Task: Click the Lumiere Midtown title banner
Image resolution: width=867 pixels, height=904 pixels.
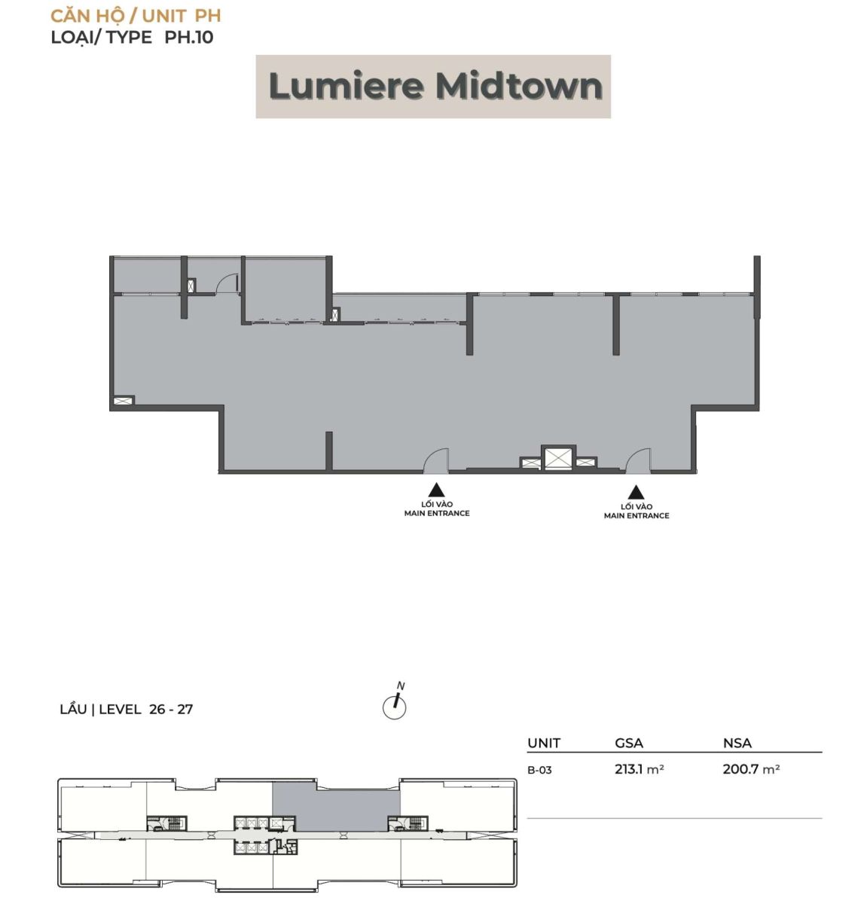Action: pyautogui.click(x=432, y=87)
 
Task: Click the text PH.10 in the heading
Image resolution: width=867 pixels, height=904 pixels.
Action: pyautogui.click(x=189, y=37)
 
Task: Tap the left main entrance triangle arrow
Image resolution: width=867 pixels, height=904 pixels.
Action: pyautogui.click(x=436, y=490)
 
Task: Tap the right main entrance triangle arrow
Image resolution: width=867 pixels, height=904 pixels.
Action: pyautogui.click(x=636, y=492)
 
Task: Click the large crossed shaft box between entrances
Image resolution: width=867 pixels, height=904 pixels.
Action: pyautogui.click(x=557, y=458)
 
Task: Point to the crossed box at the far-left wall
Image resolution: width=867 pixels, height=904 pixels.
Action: pyautogui.click(x=123, y=400)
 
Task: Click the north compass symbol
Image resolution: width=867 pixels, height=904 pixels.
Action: pyautogui.click(x=394, y=702)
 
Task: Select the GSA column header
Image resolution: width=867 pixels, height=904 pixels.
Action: pyautogui.click(x=629, y=743)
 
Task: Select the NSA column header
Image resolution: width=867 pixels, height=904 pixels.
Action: pyautogui.click(x=737, y=743)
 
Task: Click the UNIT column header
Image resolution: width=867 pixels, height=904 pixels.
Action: pyautogui.click(x=544, y=743)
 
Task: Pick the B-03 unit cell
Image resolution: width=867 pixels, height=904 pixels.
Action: pyautogui.click(x=539, y=770)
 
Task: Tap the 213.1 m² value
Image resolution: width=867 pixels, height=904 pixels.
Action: pyautogui.click(x=640, y=769)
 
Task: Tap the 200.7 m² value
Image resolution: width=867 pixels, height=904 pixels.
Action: pyautogui.click(x=751, y=769)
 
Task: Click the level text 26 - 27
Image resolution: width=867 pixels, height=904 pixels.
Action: pyautogui.click(x=171, y=709)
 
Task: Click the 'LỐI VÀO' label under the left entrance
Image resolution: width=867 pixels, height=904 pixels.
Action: pyautogui.click(x=437, y=504)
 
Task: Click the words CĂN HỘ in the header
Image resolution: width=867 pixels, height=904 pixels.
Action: pyautogui.click(x=87, y=16)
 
